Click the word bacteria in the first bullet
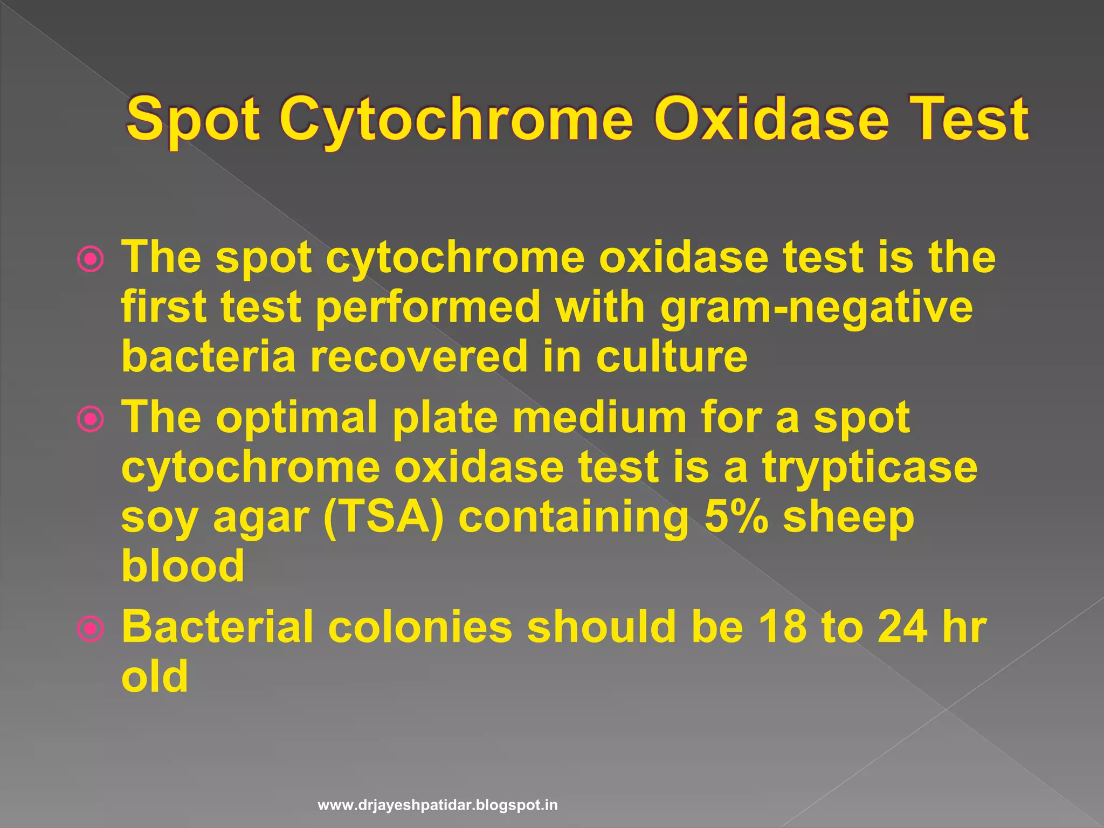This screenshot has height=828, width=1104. [x=208, y=356]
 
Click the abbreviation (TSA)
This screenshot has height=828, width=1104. [x=384, y=517]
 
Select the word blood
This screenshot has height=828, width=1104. [x=183, y=566]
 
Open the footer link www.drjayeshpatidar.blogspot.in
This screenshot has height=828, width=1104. [x=438, y=806]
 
